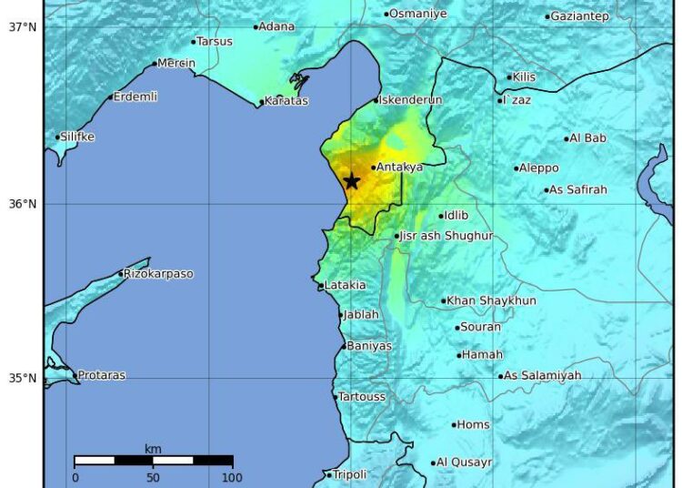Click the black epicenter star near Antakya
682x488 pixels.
pos(352,181)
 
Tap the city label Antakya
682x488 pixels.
pos(399,168)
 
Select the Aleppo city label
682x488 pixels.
pos(539,168)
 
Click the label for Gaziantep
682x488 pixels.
pos(580,16)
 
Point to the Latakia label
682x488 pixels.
pos(346,285)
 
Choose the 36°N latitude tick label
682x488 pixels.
pos(23,204)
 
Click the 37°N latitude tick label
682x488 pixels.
pos(23,27)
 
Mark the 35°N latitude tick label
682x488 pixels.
pos(23,379)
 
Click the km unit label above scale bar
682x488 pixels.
pos(153,449)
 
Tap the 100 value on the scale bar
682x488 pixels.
pos(232,477)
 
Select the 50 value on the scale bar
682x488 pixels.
pos(153,477)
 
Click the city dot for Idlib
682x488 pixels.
pos(441,217)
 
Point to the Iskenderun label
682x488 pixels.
pos(410,100)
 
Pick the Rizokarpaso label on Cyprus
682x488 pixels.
pos(159,274)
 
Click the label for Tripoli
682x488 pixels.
pos(350,474)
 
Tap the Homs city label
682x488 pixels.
pos(473,424)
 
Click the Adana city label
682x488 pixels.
pos(277,26)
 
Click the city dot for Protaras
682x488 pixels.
pos(75,375)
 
